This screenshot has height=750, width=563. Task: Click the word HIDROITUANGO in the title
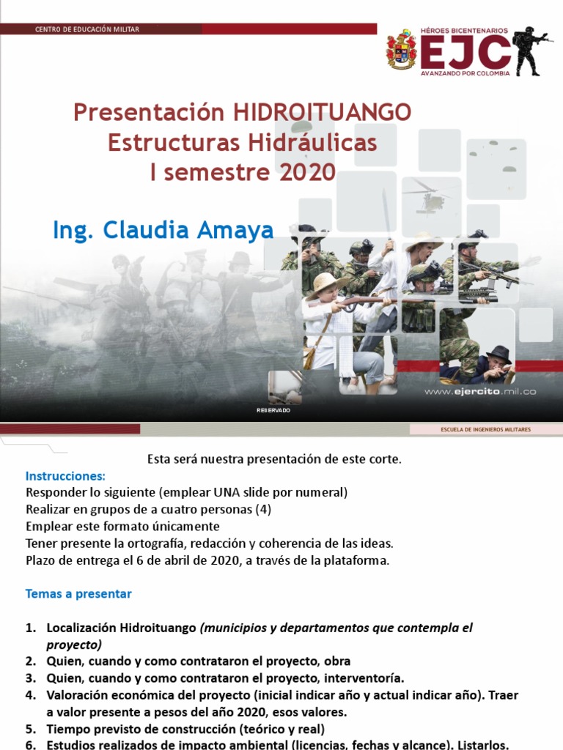pyautogui.click(x=322, y=113)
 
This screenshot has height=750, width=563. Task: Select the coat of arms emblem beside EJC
pyautogui.click(x=402, y=49)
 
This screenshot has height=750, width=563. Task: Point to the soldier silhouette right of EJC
pyautogui.click(x=531, y=51)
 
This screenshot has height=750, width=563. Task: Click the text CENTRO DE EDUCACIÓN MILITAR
pyautogui.click(x=87, y=29)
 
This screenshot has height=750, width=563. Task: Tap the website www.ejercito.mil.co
pyautogui.click(x=480, y=392)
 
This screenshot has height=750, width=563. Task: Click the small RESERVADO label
pyautogui.click(x=273, y=411)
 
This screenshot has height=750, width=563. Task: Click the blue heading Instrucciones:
pyautogui.click(x=66, y=475)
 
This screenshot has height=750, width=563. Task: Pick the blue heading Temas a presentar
pyautogui.click(x=78, y=594)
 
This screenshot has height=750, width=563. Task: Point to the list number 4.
pyautogui.click(x=30, y=695)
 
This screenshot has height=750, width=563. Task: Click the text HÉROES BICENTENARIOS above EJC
pyautogui.click(x=463, y=30)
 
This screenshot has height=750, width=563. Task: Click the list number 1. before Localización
pyautogui.click(x=30, y=628)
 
